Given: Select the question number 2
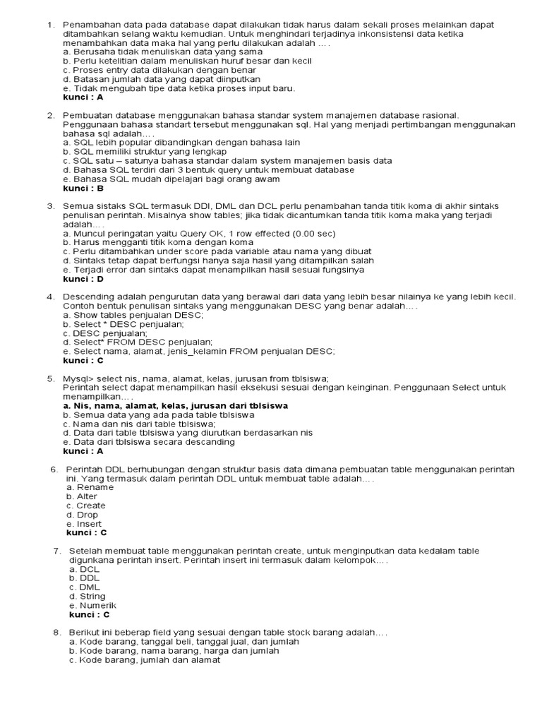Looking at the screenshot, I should pos(51,115).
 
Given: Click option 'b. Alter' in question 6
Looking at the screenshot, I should pos(82,496).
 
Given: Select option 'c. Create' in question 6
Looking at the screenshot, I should pos(86,506).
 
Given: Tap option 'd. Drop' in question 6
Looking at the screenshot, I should pos(83,515).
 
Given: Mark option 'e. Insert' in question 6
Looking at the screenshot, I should pos(85,524).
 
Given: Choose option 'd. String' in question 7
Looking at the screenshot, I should pos(87,597).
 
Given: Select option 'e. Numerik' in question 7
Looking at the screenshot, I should pos(92,606).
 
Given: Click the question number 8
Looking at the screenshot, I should pos(57,633).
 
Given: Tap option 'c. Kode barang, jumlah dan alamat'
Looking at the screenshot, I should pos(145,660).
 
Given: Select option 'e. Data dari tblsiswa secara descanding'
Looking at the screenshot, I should pos(149,442).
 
